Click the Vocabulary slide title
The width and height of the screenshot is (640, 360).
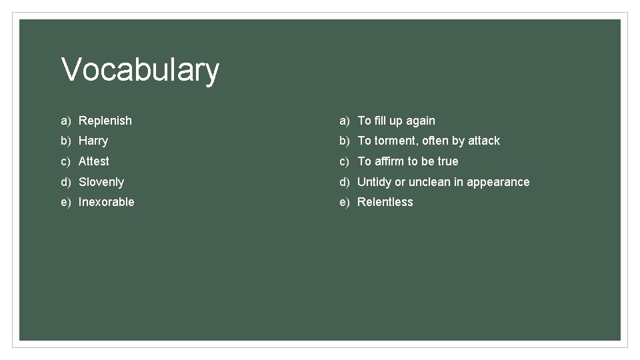[140, 70]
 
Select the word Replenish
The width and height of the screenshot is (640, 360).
[105, 121]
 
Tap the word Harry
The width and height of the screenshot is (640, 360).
[93, 141]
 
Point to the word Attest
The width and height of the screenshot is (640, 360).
[94, 161]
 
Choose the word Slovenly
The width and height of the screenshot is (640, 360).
[101, 182]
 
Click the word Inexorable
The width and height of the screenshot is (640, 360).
[107, 202]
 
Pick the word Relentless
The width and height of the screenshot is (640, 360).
[385, 202]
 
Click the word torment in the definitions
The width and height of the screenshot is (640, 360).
[395, 141]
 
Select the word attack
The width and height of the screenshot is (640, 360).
[484, 141]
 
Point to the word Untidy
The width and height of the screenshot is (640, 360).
[375, 182]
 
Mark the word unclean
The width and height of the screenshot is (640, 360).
[429, 182]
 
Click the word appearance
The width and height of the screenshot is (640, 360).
[498, 182]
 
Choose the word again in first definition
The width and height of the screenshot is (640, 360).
[421, 121]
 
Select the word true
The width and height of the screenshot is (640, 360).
[448, 161]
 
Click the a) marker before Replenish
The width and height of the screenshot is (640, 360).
[66, 121]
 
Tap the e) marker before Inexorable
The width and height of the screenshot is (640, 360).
[66, 202]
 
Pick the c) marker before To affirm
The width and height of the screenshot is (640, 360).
[345, 161]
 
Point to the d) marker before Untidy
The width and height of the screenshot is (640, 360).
[345, 182]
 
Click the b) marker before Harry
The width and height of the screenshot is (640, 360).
[66, 141]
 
